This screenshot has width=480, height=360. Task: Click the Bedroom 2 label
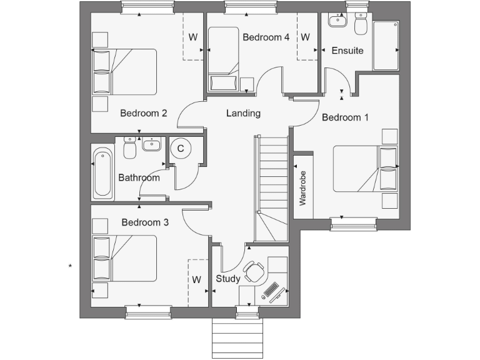point(143,114)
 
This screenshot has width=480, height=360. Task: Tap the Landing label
point(243,114)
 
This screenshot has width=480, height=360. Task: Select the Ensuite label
point(347,51)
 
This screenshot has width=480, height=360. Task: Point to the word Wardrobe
point(303,188)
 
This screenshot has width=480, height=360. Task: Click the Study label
point(228,279)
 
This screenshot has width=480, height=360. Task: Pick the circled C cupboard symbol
point(181,149)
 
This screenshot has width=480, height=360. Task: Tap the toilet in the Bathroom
point(131,148)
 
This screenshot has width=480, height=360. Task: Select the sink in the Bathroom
point(152,145)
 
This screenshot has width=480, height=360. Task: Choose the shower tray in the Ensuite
point(386,46)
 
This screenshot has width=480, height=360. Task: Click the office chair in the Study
point(254,271)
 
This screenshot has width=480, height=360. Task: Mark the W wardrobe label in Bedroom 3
point(196,279)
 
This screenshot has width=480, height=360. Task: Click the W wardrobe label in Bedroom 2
point(192,37)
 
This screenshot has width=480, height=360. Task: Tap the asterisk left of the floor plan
point(71,267)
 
